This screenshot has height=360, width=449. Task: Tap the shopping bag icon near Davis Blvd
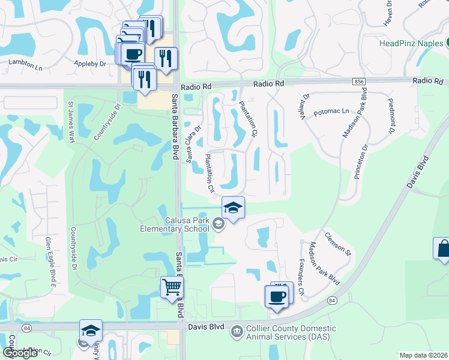point(443,248)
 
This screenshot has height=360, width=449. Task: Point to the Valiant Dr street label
point(304,106)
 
